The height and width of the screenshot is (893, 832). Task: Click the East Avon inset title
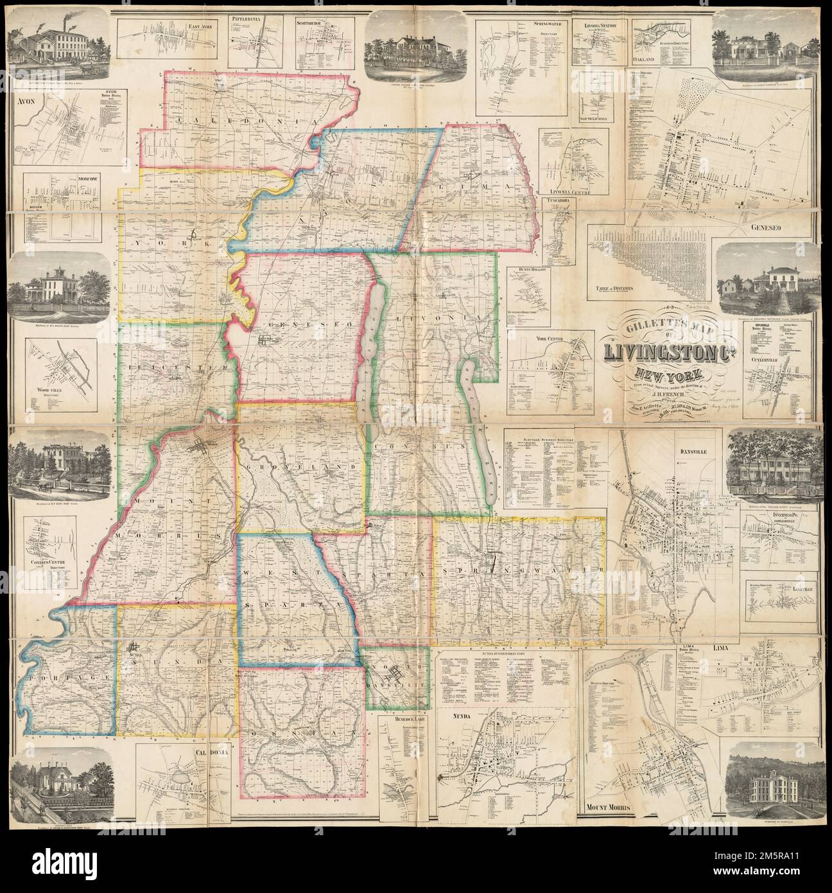click(x=202, y=28)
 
